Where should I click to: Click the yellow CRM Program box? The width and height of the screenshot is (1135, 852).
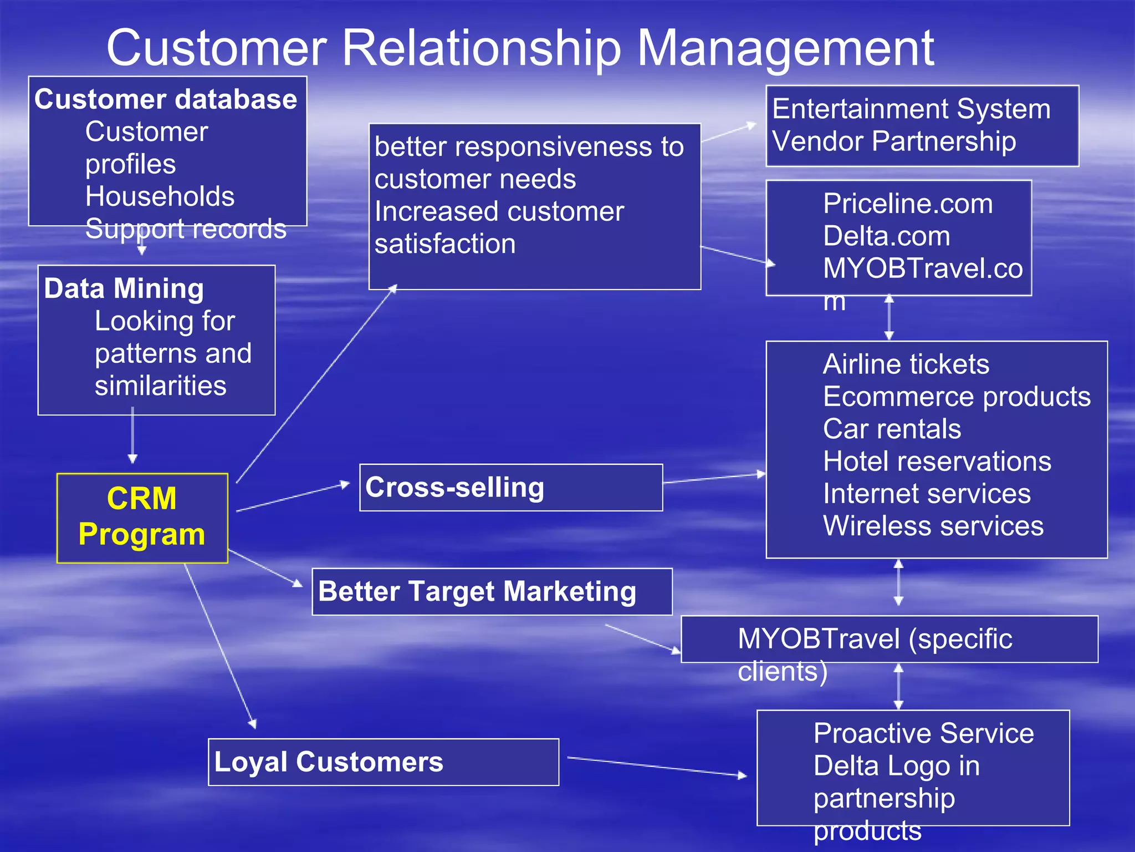(x=142, y=518)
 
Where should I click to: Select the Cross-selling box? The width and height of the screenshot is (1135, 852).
(x=510, y=487)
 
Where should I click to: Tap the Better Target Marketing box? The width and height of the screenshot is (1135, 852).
(x=492, y=591)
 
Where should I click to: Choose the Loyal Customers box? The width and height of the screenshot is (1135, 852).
(x=383, y=762)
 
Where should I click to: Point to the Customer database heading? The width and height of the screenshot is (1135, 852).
(x=166, y=100)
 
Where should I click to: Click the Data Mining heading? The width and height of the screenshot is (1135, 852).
(x=124, y=289)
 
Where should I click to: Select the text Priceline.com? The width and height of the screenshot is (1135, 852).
(x=908, y=204)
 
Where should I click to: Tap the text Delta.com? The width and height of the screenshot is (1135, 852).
(x=887, y=236)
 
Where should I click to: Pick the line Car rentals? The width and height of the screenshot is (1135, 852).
(x=892, y=429)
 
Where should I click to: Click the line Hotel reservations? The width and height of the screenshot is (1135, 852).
(x=937, y=461)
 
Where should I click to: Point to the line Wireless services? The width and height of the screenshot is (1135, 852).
(x=933, y=526)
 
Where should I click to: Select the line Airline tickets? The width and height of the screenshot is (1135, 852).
(x=906, y=364)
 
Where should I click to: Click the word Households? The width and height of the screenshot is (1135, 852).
(x=160, y=196)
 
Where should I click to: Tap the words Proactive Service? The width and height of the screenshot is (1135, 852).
(x=924, y=733)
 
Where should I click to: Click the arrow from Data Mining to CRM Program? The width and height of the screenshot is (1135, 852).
(x=132, y=435)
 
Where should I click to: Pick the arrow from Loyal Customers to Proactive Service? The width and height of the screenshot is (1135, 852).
(x=657, y=766)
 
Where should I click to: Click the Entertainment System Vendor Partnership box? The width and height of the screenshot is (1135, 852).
(x=922, y=125)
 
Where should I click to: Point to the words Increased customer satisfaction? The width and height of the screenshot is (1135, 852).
(x=499, y=227)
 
